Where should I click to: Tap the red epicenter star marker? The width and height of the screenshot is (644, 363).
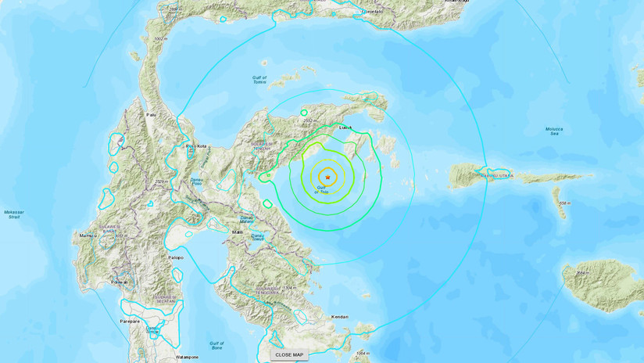328,178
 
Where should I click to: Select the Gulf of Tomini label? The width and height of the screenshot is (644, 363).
259,79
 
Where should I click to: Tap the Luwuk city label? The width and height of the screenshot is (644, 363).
347,127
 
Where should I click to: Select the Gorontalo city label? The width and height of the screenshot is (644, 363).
378,13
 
